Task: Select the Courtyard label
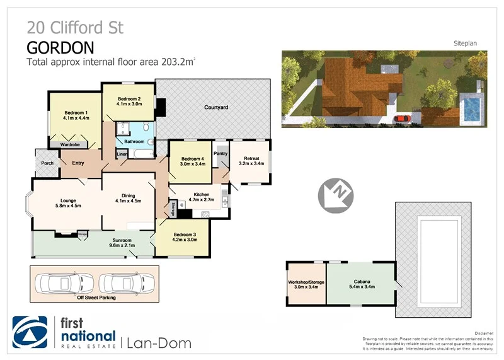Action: pyautogui.click(x=215, y=108)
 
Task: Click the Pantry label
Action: pyautogui.click(x=220, y=153)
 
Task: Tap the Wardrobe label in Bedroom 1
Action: pyautogui.click(x=69, y=144)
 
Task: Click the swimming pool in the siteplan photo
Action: pyautogui.click(x=469, y=108)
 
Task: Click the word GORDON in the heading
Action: pyautogui.click(x=60, y=47)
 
